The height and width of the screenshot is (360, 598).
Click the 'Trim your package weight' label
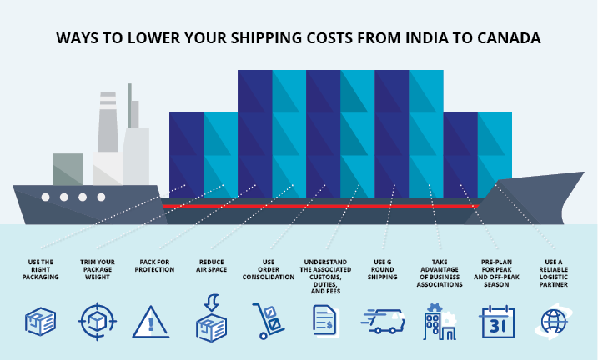point(98,269)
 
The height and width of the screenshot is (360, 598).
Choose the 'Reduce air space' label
point(212,266)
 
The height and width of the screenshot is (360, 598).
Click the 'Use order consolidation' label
point(269,269)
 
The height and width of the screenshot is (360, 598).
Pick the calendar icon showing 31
point(498,322)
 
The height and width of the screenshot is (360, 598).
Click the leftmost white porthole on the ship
point(46,197)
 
